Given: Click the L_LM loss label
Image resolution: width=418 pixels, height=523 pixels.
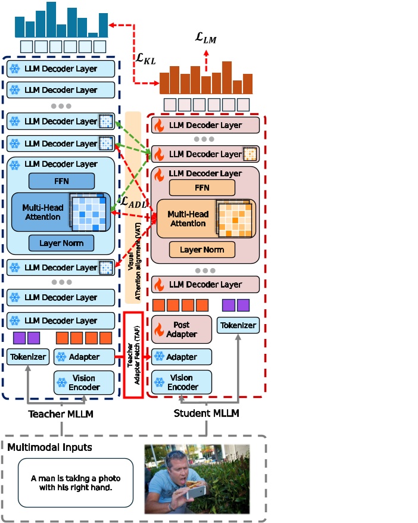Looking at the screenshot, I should [x=206, y=38].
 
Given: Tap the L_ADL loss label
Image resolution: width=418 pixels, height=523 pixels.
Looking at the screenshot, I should [x=134, y=202].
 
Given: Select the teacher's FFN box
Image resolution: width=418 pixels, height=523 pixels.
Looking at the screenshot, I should [x=61, y=181].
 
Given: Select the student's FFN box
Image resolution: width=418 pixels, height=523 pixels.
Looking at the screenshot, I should [x=202, y=188].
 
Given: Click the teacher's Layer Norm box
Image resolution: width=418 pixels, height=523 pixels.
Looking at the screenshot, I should [x=61, y=243].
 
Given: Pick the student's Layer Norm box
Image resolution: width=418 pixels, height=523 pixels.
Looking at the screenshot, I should [x=202, y=250].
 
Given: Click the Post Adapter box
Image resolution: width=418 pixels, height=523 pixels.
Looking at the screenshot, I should [x=182, y=329].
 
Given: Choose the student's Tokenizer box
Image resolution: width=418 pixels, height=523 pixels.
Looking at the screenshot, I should [x=238, y=325].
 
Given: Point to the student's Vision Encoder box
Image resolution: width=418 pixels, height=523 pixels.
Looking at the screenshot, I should [x=182, y=382].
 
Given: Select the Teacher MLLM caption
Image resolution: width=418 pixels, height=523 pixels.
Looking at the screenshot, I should [x=61, y=413].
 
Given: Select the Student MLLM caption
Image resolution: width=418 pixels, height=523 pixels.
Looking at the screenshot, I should [x=206, y=413].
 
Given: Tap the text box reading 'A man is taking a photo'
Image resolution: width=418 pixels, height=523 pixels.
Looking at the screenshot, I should [x=75, y=482].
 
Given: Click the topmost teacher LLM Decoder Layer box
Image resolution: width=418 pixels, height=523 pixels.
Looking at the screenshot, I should [x=61, y=69].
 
